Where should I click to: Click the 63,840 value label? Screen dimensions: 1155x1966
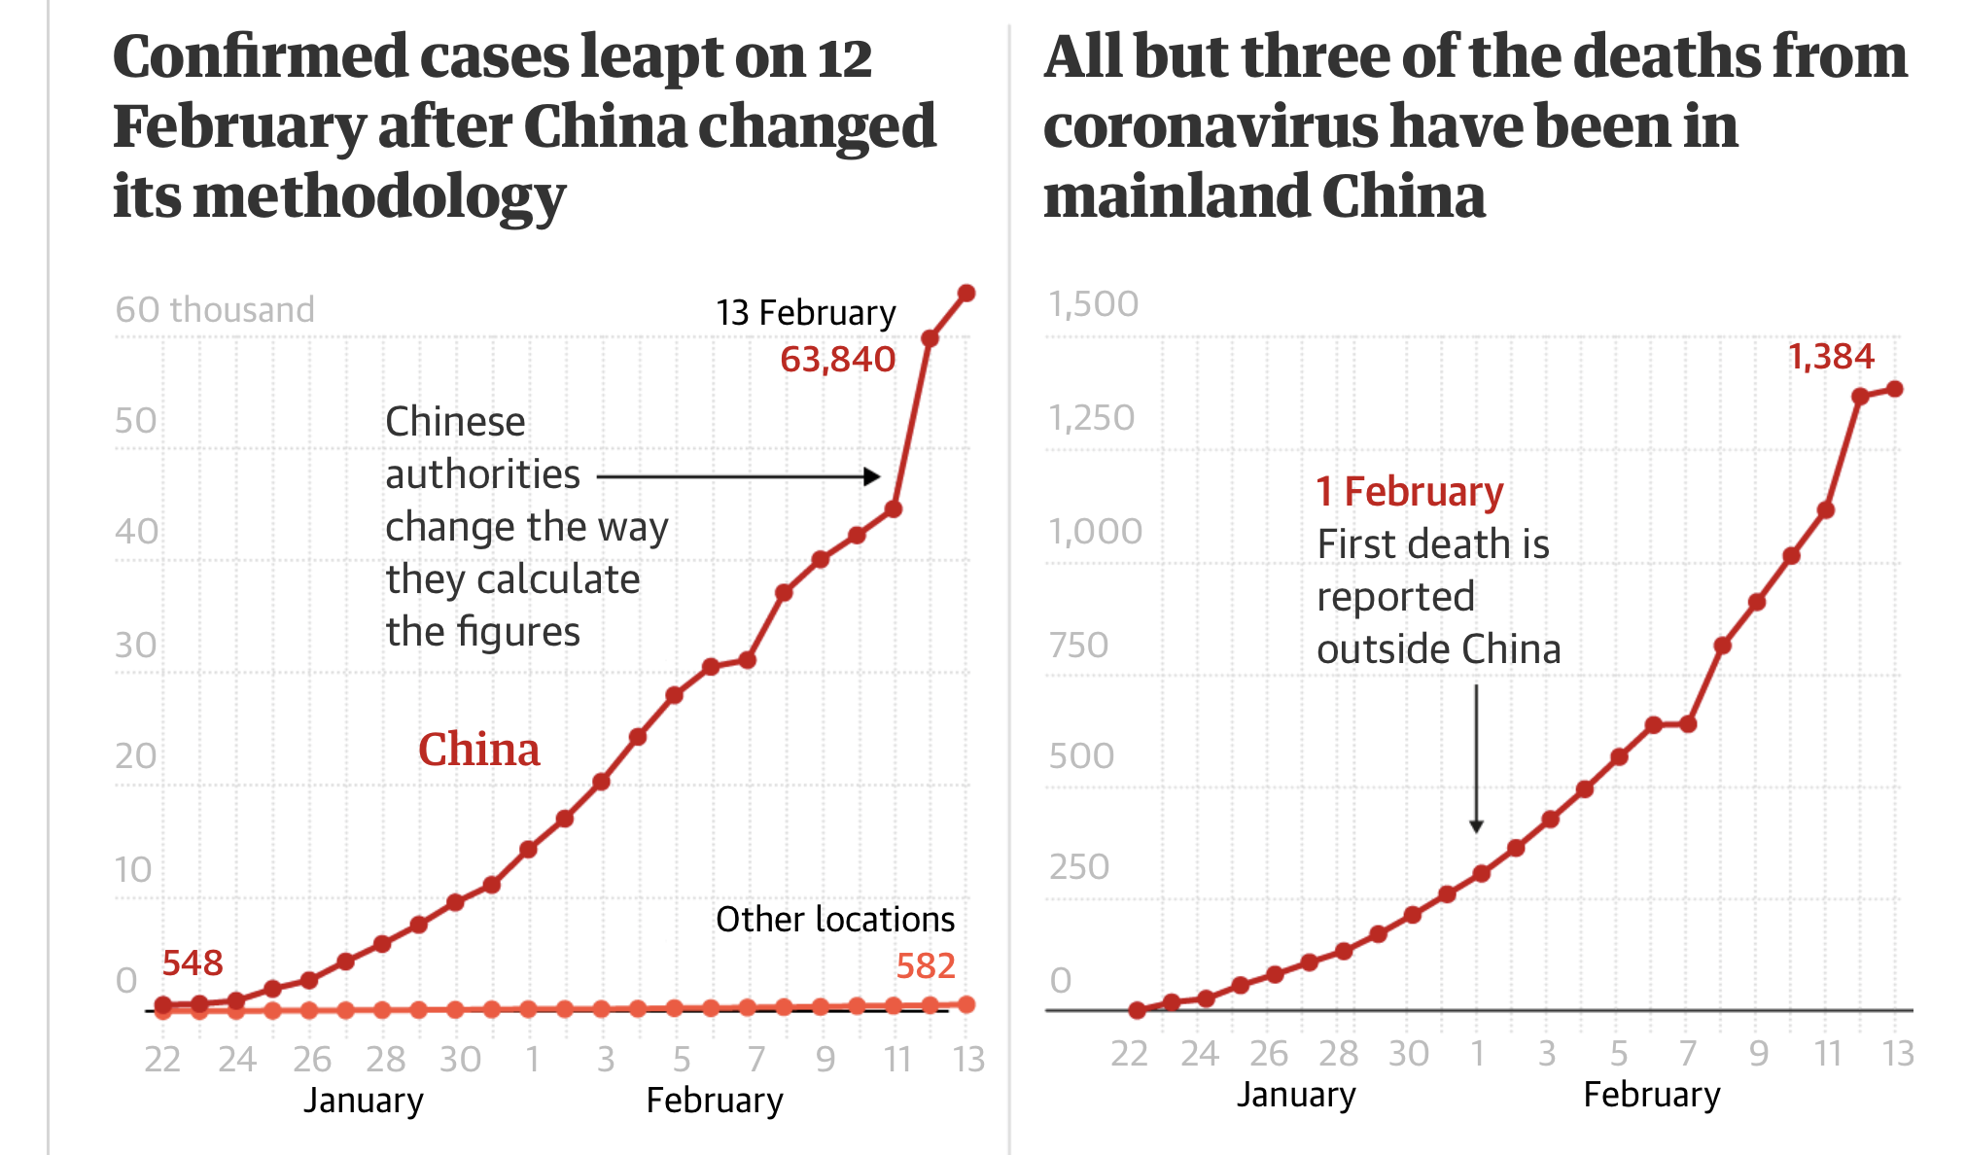[837, 360]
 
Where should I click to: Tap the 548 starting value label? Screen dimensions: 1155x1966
[193, 962]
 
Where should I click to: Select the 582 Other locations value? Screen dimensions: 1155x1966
[925, 965]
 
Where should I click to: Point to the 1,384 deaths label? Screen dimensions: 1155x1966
[1831, 357]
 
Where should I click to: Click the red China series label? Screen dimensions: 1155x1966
[478, 750]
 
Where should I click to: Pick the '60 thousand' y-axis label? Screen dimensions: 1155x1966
[215, 309]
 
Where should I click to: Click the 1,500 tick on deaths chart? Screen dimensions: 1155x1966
[1093, 304]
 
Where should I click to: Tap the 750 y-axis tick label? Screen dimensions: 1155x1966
[1078, 645]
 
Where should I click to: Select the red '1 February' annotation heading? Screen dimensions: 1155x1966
[1409, 492]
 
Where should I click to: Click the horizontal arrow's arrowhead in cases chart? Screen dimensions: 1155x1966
[873, 476]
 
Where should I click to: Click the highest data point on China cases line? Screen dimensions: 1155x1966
[966, 293]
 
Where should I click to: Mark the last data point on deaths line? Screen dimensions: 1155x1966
[1894, 389]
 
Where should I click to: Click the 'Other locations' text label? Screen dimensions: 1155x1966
[834, 919]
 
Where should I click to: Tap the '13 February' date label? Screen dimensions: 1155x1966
[805, 313]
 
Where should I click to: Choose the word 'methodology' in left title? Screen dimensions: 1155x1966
[379, 196]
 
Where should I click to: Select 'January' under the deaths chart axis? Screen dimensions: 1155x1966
[1296, 1095]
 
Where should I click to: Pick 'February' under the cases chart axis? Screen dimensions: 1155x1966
[715, 1101]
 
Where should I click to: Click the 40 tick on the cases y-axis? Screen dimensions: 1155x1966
[135, 532]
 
